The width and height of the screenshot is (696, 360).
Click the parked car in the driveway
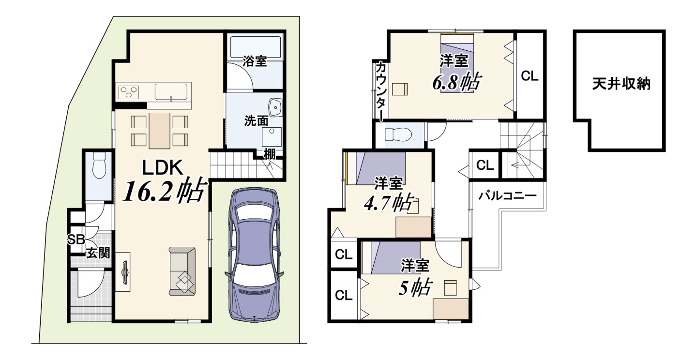click(x=254, y=255)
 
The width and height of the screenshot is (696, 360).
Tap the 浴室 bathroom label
click(x=255, y=61)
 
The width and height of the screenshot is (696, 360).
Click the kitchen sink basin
click(x=171, y=92)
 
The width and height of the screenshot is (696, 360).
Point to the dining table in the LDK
click(x=159, y=131)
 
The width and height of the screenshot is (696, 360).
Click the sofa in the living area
click(x=182, y=271)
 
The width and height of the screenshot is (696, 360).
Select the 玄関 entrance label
click(x=98, y=253)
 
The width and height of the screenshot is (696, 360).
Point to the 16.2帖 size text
click(x=165, y=190)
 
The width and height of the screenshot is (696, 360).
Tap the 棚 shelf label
click(x=270, y=154)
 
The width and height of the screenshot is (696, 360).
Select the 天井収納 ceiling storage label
click(x=621, y=84)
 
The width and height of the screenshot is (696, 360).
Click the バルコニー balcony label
click(x=507, y=195)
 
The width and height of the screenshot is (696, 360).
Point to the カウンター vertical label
click(x=380, y=91)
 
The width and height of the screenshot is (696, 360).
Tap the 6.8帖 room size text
click(x=457, y=82)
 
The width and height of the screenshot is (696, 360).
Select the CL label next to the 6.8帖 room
click(x=530, y=76)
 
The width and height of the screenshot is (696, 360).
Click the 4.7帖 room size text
click(x=389, y=203)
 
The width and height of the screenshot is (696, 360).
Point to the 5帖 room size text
click(x=415, y=287)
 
